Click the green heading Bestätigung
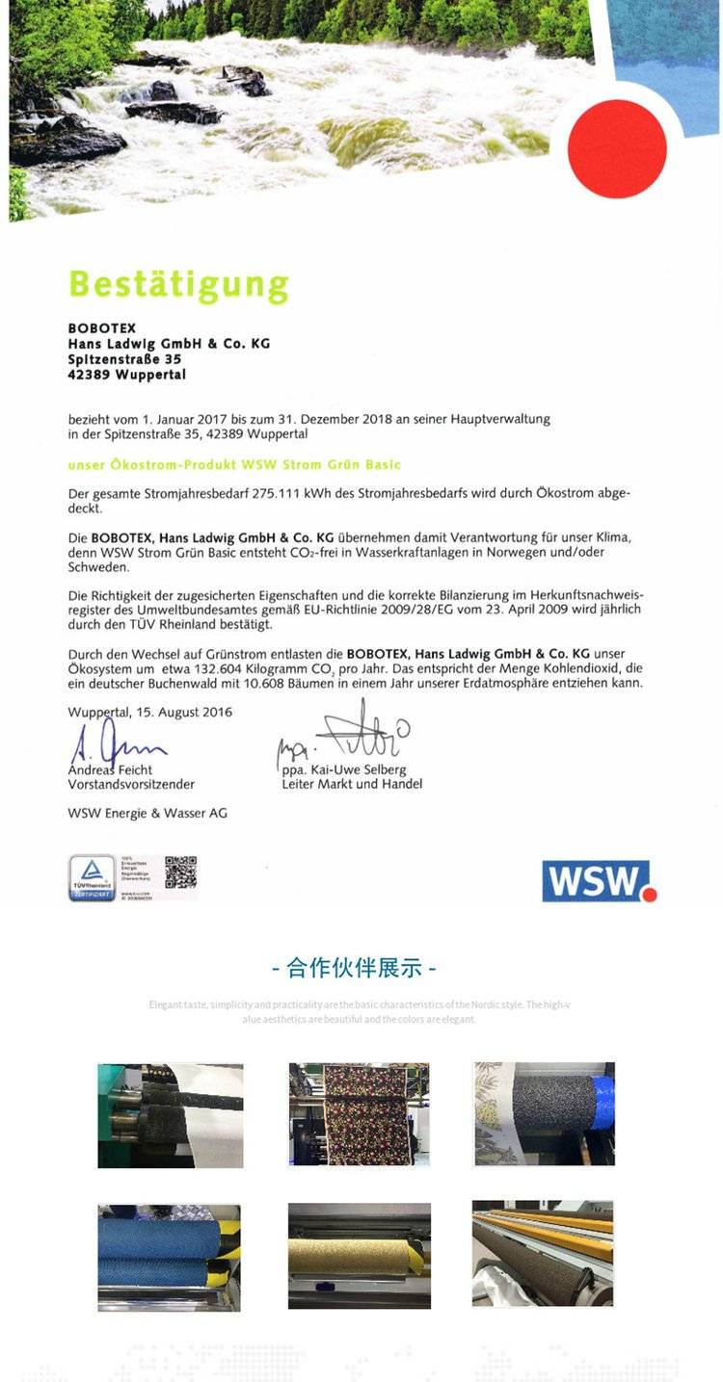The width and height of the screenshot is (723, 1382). point(178,285)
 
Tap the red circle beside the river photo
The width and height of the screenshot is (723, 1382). point(617,148)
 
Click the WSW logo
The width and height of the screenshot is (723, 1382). point(599,880)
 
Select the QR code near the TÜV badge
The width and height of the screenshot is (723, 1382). point(180,873)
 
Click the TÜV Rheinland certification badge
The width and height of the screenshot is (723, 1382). point(92,878)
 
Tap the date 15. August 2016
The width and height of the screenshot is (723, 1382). point(184,713)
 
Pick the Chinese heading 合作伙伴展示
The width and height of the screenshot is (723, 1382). point(361,967)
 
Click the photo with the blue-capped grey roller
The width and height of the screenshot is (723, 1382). point(544,1113)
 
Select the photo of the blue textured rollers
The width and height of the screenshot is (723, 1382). point(169,1257)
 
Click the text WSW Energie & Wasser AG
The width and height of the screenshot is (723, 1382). point(147,813)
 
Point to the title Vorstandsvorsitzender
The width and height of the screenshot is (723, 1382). point(131,784)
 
